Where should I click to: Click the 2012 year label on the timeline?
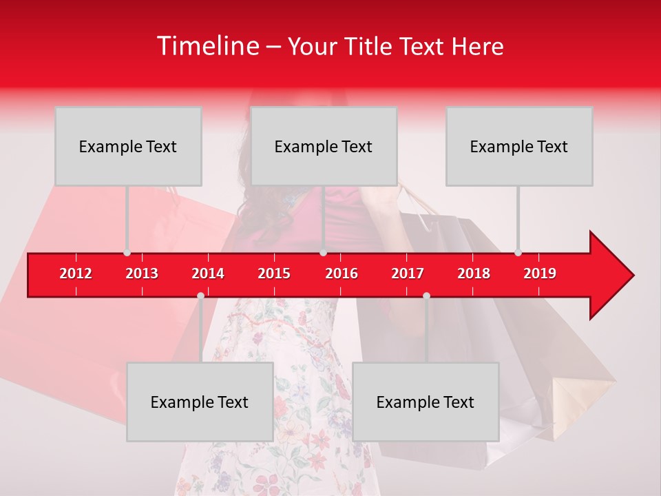coord(76,273)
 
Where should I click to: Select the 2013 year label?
coord(142,273)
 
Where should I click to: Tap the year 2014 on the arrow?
coord(208,273)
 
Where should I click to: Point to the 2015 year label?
coord(274,273)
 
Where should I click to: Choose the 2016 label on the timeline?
coord(342,273)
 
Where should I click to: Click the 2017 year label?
coord(408,273)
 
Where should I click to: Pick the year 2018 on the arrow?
coord(474,273)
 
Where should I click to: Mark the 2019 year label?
coord(540,273)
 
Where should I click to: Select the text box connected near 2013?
coord(128,146)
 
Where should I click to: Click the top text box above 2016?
coord(324,146)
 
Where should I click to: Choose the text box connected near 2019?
coord(519,146)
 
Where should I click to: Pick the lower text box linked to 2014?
coord(200,402)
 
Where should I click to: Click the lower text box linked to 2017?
coord(426,402)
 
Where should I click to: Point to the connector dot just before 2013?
coord(127,253)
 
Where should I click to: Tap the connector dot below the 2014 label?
coord(200,296)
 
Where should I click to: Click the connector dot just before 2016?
coord(323,253)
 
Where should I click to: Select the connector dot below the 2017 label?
coord(426,296)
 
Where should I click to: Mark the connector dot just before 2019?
coord(518,253)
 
